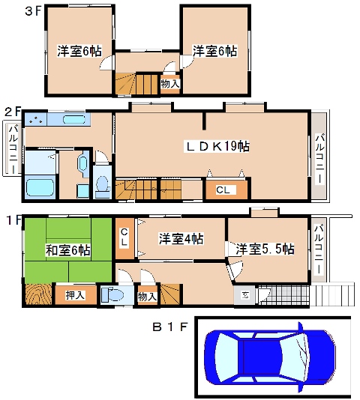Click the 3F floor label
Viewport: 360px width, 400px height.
pos(33,11)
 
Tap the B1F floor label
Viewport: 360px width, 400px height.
pos(170,327)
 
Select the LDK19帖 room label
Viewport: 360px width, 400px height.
pos(217,146)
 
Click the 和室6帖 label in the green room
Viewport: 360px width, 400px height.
pos(67,249)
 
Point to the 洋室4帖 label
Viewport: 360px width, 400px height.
pos(181,239)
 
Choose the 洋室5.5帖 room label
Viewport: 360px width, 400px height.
pos(265,249)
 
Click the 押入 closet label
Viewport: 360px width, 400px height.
pos(75,295)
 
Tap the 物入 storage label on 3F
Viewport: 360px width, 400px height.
pos(170,83)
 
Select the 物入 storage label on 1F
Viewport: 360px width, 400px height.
pos(147,297)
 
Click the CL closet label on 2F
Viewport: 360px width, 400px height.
pos(223,190)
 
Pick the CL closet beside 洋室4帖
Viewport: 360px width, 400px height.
pos(124,237)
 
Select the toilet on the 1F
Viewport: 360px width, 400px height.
pos(112,295)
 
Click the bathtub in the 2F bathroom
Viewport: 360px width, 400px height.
pos(40,187)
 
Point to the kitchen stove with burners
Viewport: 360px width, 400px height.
pos(35,119)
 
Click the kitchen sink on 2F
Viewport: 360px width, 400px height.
pos(74,119)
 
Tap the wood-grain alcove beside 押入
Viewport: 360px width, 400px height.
pos(38,294)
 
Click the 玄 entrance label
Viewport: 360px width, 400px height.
pos(245,295)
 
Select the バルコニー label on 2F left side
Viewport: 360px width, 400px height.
pos(13,148)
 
